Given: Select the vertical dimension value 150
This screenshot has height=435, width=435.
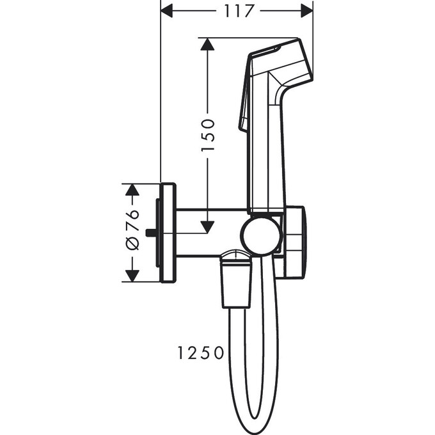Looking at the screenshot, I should tap(208, 135).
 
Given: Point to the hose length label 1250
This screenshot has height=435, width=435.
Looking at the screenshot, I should tap(201, 352).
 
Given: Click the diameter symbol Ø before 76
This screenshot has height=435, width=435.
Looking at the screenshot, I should tap(131, 244).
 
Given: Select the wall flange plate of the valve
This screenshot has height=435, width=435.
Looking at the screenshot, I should tap(168, 233).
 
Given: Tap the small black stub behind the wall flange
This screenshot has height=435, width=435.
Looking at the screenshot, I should tap(150, 233).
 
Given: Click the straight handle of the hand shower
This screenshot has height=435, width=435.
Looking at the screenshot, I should tap(265, 160).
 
